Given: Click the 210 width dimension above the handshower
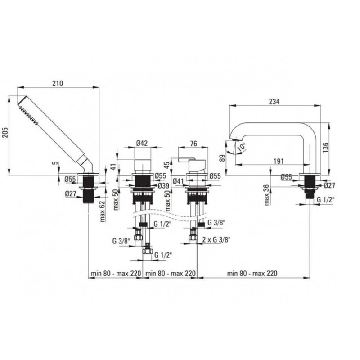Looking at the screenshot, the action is (x=58, y=83).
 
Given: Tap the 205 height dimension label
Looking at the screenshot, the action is (x=5, y=132).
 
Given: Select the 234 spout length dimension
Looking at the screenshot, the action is (x=274, y=102).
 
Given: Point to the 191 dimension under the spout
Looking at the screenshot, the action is (x=279, y=161).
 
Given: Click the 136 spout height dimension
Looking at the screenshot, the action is (x=325, y=148).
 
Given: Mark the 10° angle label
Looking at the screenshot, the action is (x=241, y=147).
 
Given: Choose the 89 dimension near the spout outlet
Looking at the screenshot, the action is (x=222, y=158).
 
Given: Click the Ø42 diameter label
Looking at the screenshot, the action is (x=142, y=143).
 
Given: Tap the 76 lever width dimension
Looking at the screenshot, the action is (x=193, y=143).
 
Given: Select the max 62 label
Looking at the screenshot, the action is (x=103, y=211).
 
